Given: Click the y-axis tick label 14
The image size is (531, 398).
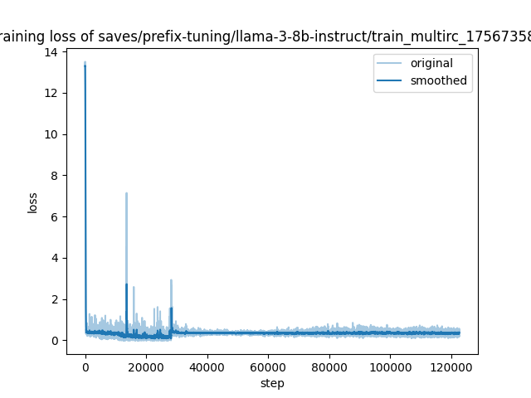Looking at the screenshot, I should coord(51,52).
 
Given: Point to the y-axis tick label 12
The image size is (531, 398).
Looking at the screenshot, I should coord(51,93).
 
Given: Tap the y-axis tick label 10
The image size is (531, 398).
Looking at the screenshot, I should coord(51,134).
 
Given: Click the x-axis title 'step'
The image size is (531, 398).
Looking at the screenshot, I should coord(272,383).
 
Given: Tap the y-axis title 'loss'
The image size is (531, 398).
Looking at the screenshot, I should coord(33,202).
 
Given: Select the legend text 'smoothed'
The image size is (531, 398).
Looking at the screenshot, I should coord(439,81).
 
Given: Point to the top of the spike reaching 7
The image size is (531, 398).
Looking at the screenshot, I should coord(126,193).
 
